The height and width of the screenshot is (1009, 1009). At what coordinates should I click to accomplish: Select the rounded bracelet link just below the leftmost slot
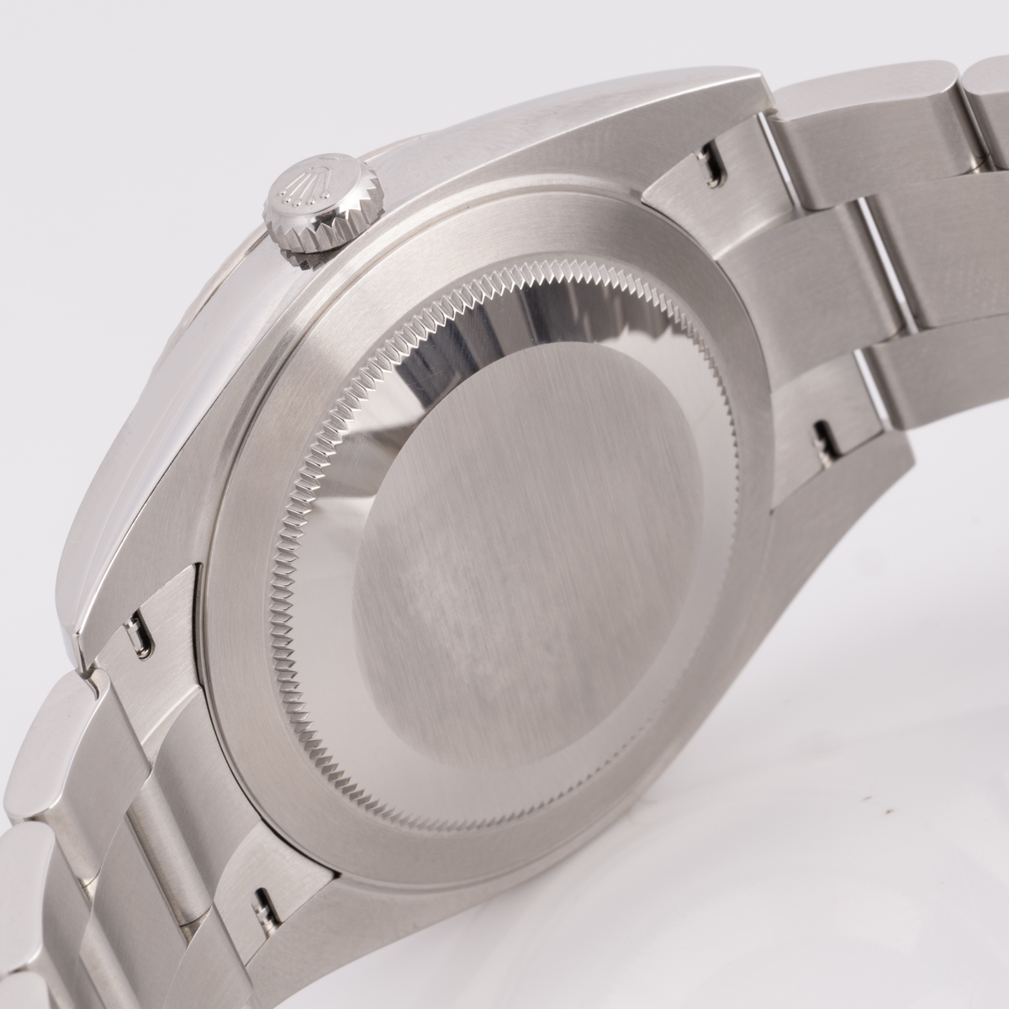(59, 723)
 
